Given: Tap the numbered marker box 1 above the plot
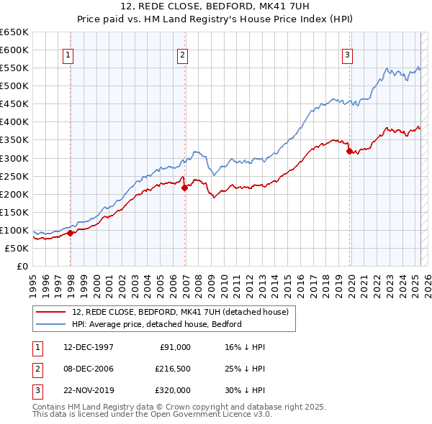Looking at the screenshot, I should [68, 55].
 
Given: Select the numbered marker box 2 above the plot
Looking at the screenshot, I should [183, 55].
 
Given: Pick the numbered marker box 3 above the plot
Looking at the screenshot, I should [347, 55].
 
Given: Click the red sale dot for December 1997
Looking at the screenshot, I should [71, 233].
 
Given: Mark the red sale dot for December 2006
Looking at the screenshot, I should [185, 188].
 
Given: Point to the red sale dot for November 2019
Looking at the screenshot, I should [349, 151].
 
